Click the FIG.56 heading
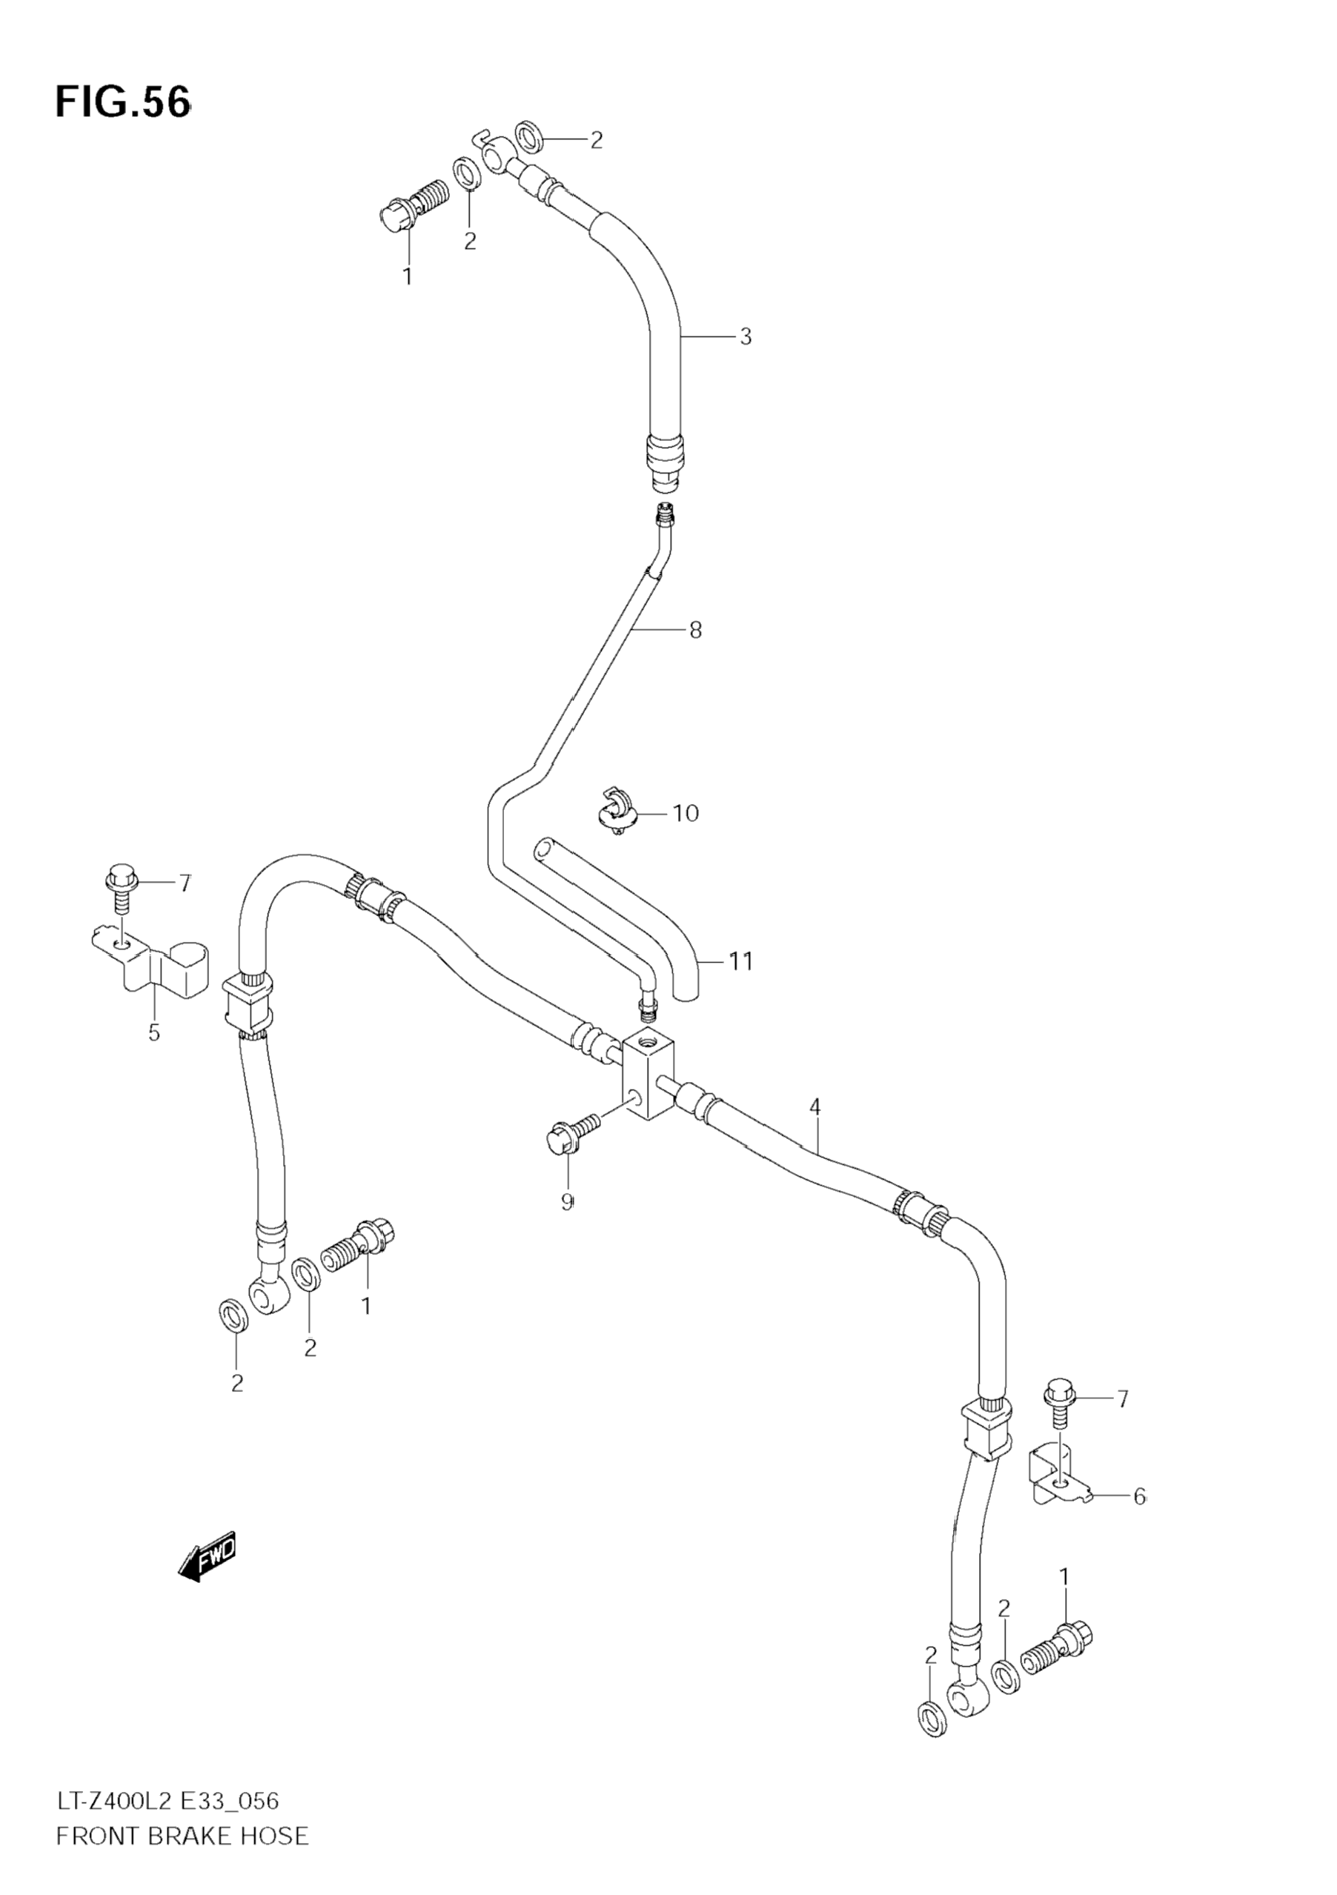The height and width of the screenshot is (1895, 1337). [x=122, y=102]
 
